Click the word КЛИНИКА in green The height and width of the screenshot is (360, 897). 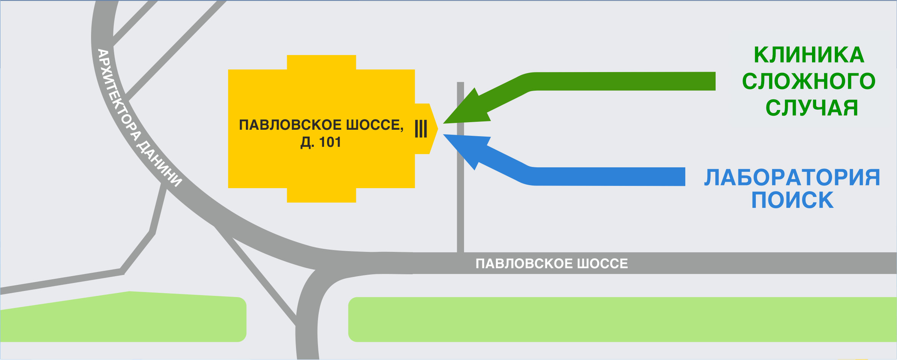click(809, 55)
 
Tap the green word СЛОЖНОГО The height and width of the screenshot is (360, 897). click(809, 82)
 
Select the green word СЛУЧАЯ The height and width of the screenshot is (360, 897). click(812, 108)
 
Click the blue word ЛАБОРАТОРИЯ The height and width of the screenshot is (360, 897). click(792, 178)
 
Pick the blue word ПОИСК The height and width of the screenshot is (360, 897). click(792, 200)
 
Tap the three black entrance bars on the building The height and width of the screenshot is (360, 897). click(421, 129)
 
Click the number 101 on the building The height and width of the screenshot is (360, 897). click(330, 143)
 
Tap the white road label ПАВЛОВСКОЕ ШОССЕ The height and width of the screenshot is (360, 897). click(552, 264)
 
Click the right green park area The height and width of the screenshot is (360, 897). click(622, 319)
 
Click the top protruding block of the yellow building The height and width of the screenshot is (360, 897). click(321, 62)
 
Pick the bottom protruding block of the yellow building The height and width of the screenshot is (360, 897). click(321, 195)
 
